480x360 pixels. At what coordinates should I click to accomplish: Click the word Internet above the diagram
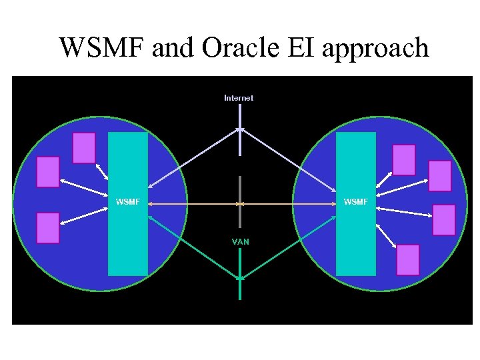pyautogui.click(x=239, y=98)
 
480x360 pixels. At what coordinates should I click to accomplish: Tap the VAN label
pyautogui.click(x=241, y=241)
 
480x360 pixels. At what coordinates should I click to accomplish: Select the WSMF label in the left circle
pyautogui.click(x=128, y=201)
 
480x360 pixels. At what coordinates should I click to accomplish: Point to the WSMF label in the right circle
pyautogui.click(x=356, y=201)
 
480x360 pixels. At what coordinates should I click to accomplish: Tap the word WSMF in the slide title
pyautogui.click(x=103, y=48)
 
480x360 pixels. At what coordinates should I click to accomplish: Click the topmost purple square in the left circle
pyautogui.click(x=84, y=148)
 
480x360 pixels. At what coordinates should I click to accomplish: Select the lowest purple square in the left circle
pyautogui.click(x=48, y=228)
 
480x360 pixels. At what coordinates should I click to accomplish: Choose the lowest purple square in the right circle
pyautogui.click(x=408, y=260)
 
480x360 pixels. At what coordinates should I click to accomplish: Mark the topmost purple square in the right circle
pyautogui.click(x=404, y=160)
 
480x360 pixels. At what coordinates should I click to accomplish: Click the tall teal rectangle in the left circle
pyautogui.click(x=128, y=240)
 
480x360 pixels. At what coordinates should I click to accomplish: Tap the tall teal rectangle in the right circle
pyautogui.click(x=356, y=240)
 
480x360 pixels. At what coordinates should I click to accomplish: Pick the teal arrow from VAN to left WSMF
pyautogui.click(x=193, y=247)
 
